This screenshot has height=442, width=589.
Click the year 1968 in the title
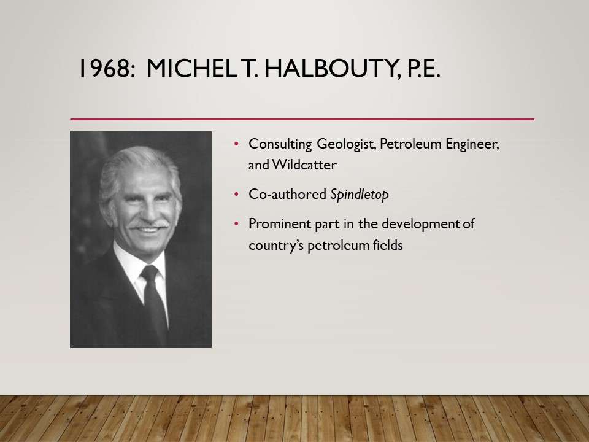(x=107, y=68)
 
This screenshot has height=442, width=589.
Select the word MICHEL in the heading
(x=191, y=68)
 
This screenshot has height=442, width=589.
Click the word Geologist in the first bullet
(x=346, y=144)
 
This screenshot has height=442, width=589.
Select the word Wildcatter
(x=304, y=165)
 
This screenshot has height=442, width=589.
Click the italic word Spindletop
(x=360, y=195)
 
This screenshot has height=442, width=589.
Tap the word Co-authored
(x=287, y=195)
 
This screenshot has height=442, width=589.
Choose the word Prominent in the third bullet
(x=280, y=224)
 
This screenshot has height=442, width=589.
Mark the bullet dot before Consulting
(x=236, y=144)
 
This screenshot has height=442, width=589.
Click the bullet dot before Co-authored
(x=236, y=195)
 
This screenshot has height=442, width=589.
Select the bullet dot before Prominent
(x=236, y=224)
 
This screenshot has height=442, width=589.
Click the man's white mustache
(x=149, y=225)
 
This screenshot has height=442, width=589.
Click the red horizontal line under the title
(x=302, y=119)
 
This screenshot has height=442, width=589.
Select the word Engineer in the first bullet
(x=472, y=144)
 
